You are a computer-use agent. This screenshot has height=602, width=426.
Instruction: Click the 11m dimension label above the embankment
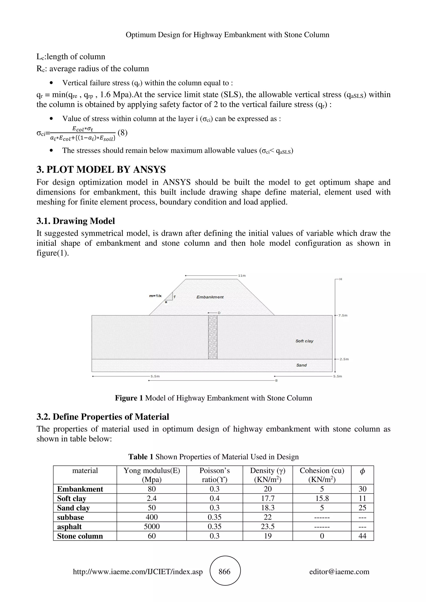pyautogui.click(x=242, y=276)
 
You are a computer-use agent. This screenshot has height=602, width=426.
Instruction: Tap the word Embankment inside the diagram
pyautogui.click(x=210, y=297)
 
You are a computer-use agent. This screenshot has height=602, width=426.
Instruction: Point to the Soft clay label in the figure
pyautogui.click(x=304, y=341)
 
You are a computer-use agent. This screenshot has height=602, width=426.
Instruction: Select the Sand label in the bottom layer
pyautogui.click(x=301, y=365)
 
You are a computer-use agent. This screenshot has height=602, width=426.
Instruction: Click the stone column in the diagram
pyautogui.click(x=213, y=337)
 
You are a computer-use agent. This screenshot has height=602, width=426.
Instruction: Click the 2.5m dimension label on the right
pyautogui.click(x=344, y=359)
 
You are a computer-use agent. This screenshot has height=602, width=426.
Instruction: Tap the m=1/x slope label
pyautogui.click(x=155, y=296)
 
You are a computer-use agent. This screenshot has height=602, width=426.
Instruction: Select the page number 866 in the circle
pyautogui.click(x=225, y=572)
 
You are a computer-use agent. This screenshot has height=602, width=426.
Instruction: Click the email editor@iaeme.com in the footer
pyautogui.click(x=339, y=572)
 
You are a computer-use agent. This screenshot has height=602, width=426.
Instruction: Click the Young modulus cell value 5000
pyautogui.click(x=152, y=526)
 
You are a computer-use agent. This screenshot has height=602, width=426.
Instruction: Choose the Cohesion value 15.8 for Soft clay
pyautogui.click(x=322, y=498)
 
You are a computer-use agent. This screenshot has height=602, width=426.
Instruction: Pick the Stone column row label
pyautogui.click(x=80, y=536)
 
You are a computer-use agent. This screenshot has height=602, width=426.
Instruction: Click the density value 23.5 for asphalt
pyautogui.click(x=267, y=526)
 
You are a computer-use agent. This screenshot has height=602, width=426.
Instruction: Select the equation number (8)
pyautogui.click(x=123, y=133)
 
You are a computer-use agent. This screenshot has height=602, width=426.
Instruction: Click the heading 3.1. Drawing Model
pyautogui.click(x=76, y=221)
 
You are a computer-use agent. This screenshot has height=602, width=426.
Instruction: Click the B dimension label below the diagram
pyautogui.click(x=276, y=380)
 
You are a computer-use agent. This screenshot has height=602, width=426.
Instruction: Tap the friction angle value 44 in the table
pyautogui.click(x=362, y=536)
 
